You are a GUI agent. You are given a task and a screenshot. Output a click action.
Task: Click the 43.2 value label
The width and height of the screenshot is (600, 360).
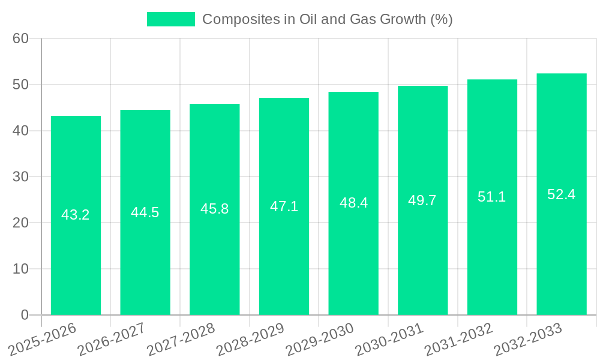[76, 215]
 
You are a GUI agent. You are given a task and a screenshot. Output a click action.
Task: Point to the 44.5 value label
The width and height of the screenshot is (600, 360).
[145, 212]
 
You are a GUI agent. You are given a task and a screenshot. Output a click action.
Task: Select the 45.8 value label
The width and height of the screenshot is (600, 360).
[214, 209]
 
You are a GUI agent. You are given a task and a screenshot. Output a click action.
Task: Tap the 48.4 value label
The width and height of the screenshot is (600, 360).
[353, 203]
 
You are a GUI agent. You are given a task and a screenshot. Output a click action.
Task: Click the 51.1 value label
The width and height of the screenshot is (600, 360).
[492, 197]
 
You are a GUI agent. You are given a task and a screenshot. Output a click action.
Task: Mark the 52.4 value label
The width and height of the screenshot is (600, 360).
[562, 194]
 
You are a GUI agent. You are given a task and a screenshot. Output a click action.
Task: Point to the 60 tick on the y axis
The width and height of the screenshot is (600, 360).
[21, 38]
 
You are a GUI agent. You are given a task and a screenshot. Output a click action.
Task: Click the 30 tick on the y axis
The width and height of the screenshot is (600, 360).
[21, 177]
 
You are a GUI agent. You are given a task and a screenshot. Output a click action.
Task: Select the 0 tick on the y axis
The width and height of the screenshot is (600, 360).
[25, 315]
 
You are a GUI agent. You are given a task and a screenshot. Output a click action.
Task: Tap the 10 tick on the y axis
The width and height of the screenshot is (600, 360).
[21, 269]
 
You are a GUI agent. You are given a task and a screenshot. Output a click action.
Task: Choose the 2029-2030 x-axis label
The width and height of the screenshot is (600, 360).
[320, 338]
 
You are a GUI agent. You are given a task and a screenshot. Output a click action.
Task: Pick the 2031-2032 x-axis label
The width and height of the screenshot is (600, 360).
[459, 338]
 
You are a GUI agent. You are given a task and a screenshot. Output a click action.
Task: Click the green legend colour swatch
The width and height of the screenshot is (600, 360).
[171, 19]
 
